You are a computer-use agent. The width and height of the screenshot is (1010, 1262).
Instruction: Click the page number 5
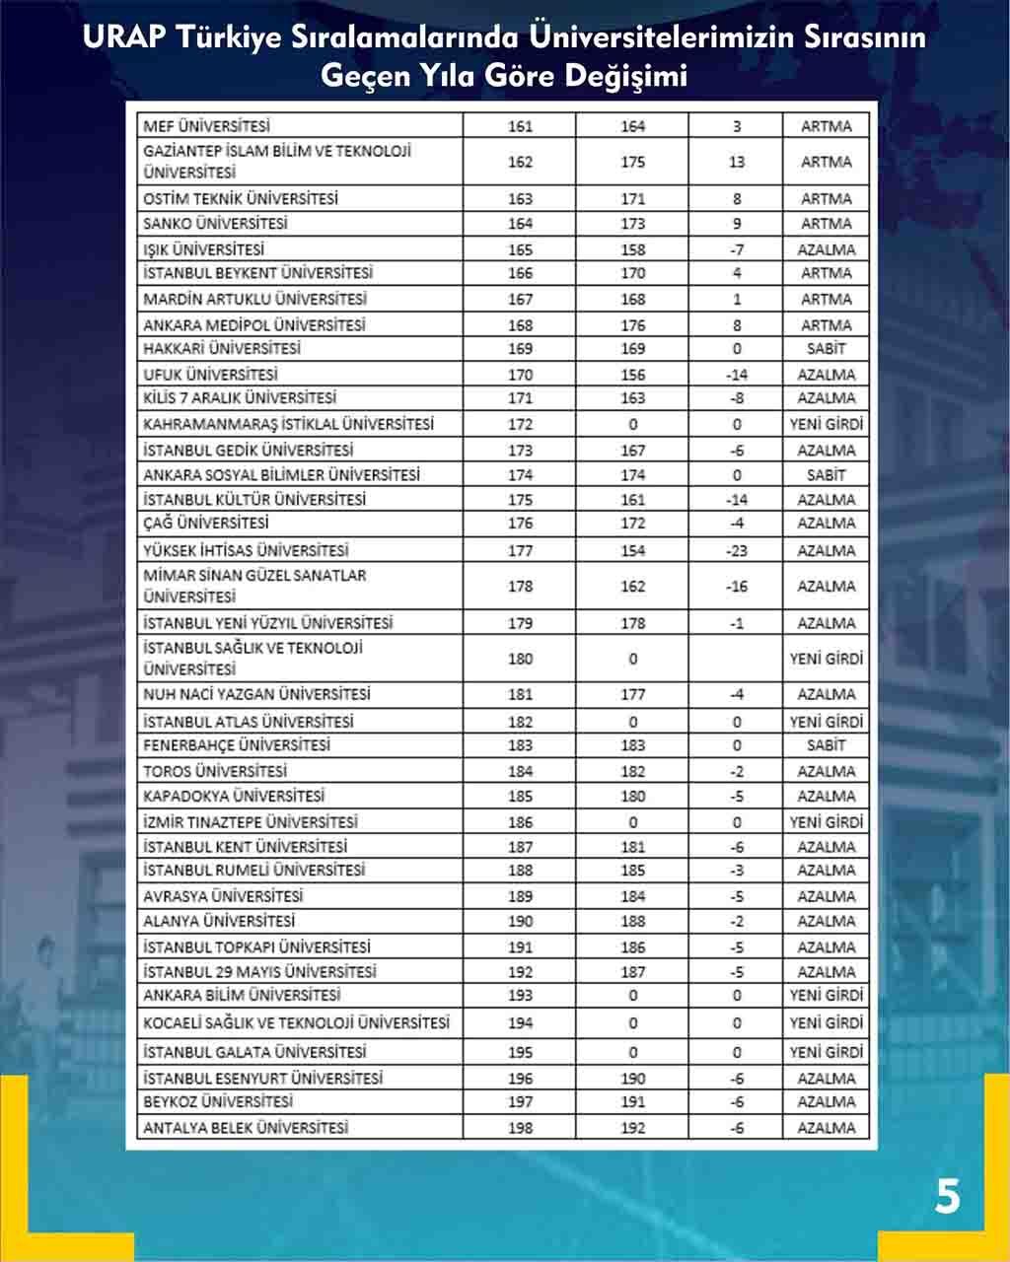[947, 1198]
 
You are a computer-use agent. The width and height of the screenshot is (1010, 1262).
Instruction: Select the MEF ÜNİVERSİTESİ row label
[206, 126]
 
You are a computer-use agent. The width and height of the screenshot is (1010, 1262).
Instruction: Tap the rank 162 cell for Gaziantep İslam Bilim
[520, 162]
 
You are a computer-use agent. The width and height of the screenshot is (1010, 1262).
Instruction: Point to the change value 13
[737, 162]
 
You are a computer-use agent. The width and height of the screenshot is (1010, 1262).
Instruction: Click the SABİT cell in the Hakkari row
[826, 349]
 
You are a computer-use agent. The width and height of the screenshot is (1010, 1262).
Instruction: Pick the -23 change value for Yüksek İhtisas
[737, 551]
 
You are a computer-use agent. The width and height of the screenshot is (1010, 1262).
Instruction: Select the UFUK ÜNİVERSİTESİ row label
[210, 375]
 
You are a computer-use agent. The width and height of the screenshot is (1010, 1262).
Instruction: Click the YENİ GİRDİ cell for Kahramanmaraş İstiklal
[826, 424]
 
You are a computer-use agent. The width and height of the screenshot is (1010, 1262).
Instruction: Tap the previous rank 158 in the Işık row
[633, 249]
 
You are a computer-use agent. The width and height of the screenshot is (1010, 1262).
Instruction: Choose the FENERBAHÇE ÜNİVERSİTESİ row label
[237, 745]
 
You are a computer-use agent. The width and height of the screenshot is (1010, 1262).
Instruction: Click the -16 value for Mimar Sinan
[737, 587]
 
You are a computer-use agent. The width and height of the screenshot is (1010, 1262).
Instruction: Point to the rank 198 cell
[520, 1128]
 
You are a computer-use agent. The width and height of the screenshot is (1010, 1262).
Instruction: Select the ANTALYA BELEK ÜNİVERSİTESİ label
[246, 1128]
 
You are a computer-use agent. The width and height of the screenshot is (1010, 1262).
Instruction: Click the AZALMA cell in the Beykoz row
[826, 1102]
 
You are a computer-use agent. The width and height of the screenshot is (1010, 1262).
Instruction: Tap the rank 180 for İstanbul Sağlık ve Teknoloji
[520, 659]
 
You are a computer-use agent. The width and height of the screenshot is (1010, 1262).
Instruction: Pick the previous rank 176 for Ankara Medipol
[633, 325]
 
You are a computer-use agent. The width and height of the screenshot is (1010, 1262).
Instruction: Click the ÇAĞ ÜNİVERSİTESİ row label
[205, 524]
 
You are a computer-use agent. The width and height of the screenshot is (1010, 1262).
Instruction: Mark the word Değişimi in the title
[626, 75]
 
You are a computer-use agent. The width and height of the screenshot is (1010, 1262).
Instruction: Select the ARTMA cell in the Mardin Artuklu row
[826, 300]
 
